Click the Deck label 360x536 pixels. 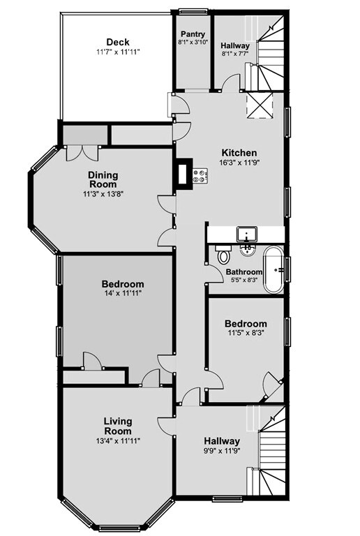[x=117, y=42]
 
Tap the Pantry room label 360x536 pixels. [x=192, y=34]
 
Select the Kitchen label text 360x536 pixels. [x=239, y=153]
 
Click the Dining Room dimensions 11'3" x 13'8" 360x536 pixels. [x=103, y=195]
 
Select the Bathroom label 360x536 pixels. [x=243, y=272]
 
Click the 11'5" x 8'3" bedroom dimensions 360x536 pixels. [x=245, y=334]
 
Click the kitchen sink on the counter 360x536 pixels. [x=247, y=233]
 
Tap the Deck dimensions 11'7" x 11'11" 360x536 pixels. [x=117, y=52]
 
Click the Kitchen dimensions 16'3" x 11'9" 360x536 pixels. [x=239, y=163]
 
